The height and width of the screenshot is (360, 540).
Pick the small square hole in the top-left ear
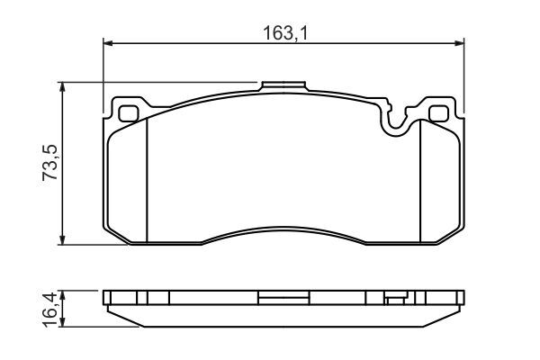tap(128, 114)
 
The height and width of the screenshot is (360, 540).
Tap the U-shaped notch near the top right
tap(395, 122)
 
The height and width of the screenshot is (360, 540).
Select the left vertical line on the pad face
tap(146, 180)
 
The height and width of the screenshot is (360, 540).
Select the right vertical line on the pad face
tap(421, 180)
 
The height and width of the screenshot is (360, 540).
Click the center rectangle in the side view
tap(283, 296)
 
